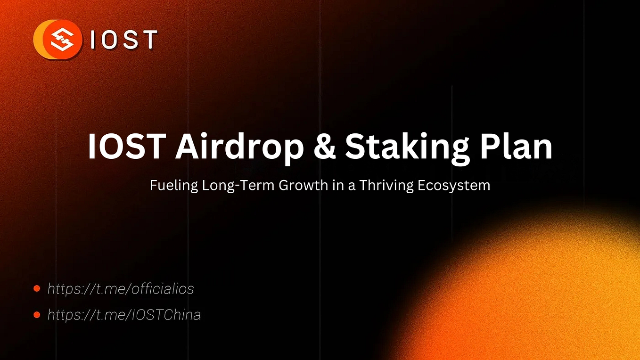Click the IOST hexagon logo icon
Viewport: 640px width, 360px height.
coord(61,40)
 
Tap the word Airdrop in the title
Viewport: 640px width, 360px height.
coord(239,147)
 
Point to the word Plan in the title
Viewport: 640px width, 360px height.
coord(517,147)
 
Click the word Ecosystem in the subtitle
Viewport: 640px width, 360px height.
coord(454,186)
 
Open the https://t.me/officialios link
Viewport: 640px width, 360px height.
coord(121,288)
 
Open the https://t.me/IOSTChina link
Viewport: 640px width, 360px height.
coord(124,315)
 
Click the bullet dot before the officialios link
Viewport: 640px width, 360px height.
coord(37,288)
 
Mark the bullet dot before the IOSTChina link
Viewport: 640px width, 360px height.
coord(37,315)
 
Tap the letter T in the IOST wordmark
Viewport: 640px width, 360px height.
coord(149,40)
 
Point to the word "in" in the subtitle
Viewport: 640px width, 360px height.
coord(338,185)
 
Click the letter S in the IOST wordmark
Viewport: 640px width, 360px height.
coord(130,40)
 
